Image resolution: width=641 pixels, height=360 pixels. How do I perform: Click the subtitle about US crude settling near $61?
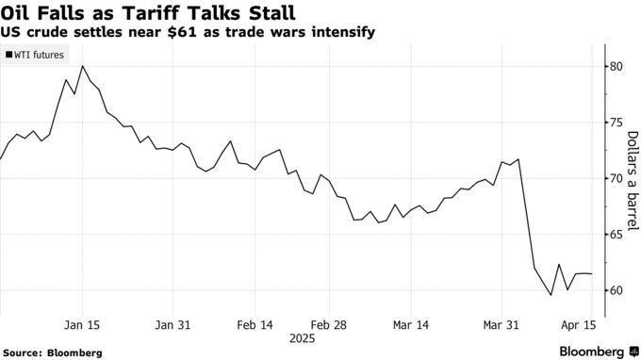(189, 32)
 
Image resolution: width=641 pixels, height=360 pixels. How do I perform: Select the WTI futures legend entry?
(37, 56)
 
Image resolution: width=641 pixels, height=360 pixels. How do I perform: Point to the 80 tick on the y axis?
(617, 67)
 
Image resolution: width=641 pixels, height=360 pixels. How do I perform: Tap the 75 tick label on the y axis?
(617, 123)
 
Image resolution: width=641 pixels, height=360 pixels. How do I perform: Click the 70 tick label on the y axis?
(617, 178)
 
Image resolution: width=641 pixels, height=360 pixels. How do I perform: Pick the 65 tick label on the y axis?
(617, 235)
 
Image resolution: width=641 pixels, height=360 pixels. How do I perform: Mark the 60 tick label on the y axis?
(617, 290)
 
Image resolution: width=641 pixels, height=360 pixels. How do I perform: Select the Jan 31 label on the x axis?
(173, 324)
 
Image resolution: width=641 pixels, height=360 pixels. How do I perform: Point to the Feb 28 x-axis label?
(328, 324)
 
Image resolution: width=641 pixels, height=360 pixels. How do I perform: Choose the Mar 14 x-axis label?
(410, 324)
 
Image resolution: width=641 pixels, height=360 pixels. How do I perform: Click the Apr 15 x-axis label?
(578, 324)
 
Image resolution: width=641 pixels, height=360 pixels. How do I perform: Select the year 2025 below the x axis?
(303, 337)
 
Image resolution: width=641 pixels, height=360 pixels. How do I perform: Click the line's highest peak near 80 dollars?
(83, 66)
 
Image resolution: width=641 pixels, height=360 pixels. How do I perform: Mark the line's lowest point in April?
(551, 295)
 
